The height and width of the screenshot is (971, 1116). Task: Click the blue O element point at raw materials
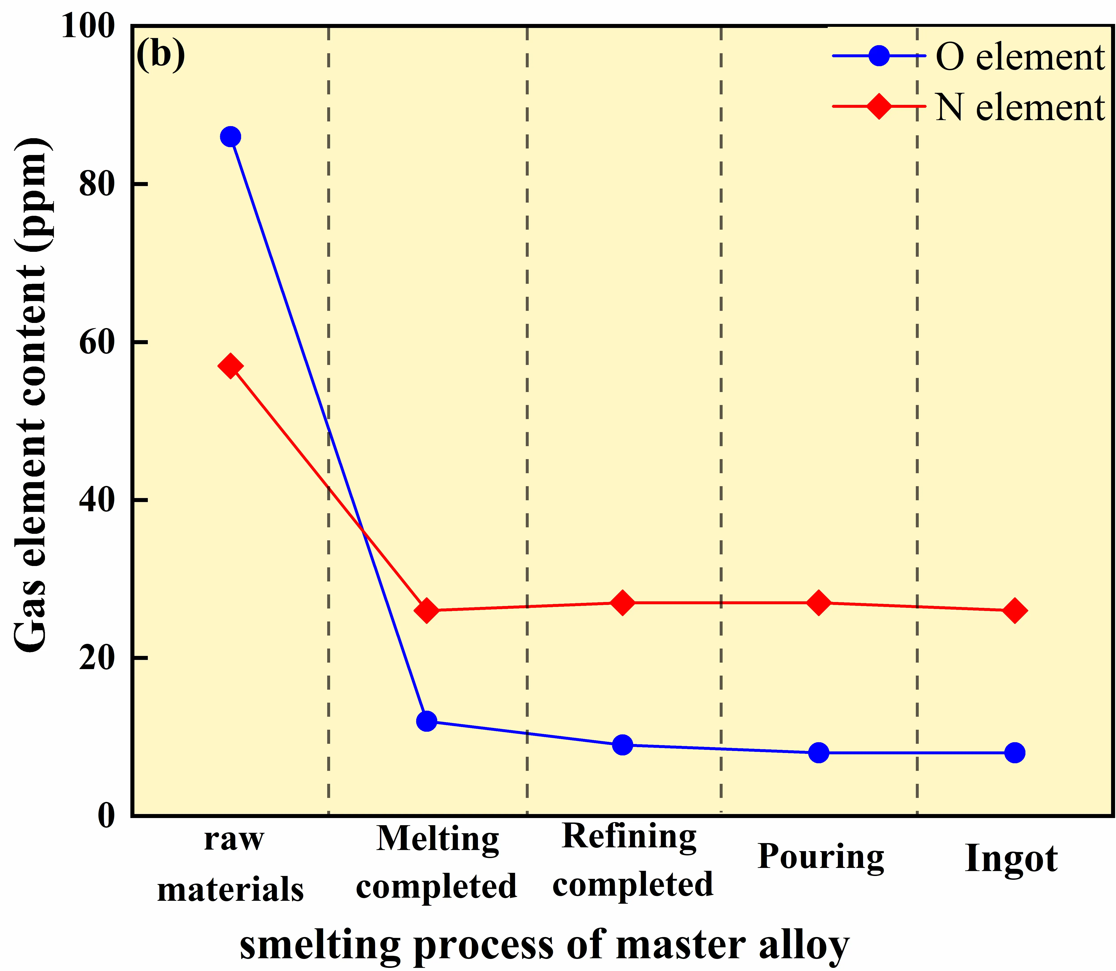click(x=230, y=137)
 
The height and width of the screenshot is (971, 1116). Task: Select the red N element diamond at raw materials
click(x=230, y=367)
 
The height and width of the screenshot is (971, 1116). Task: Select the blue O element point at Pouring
click(x=819, y=753)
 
